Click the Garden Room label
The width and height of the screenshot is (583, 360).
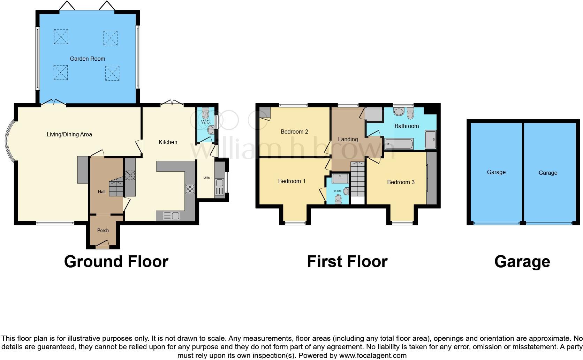pos(88,59)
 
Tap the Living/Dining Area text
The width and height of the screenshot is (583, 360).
pos(69,134)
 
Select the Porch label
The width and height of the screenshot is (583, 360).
pos(103,230)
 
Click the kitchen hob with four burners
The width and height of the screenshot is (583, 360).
pos(190,189)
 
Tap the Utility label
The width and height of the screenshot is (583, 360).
pos(207,178)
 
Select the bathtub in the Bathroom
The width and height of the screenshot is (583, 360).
pos(400,143)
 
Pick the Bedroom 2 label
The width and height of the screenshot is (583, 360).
pos(294,132)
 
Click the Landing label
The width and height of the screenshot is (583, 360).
pos(348,139)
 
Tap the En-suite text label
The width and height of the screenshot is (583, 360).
pos(337,191)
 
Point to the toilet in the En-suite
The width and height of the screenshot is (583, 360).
pos(338,198)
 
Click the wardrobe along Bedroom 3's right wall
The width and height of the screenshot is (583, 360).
pos(431,178)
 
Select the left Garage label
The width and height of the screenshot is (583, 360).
pos(496,172)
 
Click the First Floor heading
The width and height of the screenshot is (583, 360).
pos(347,262)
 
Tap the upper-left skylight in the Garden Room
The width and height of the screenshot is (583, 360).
pos(61,37)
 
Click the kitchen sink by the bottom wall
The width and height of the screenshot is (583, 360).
pos(171,216)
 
